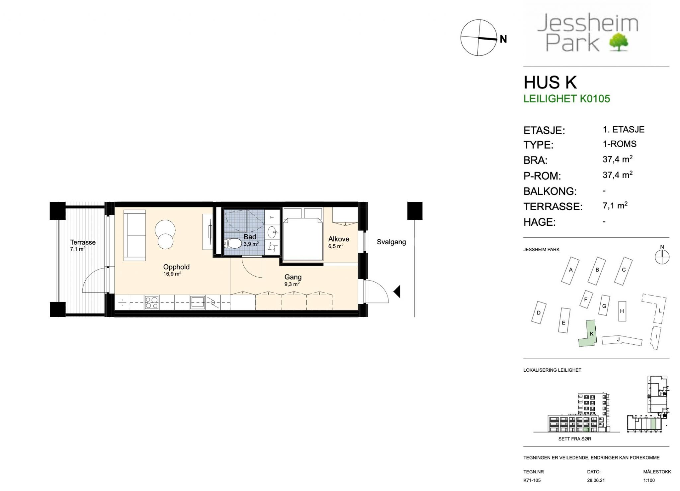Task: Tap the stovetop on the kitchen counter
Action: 151,303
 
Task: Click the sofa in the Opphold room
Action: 134,235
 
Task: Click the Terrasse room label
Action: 83,242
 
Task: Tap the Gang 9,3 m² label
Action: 293,280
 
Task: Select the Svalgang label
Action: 391,242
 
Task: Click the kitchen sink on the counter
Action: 197,303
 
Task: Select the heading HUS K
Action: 550,82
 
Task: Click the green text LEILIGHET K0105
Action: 566,99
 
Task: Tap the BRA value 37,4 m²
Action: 617,159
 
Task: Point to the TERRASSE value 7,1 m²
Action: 615,205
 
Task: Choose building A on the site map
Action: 570,270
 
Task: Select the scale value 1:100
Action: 649,480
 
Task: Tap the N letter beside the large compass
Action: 503,39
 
